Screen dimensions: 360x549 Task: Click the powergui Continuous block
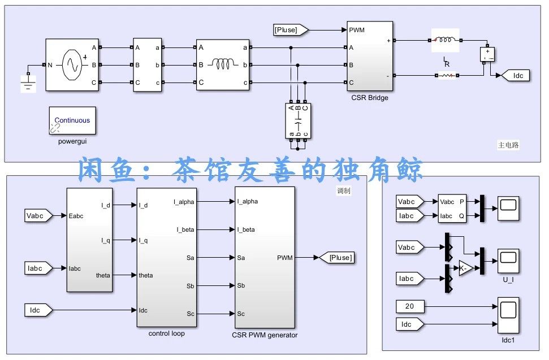pyautogui.click(x=72, y=121)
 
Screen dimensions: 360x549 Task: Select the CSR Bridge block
pyautogui.click(x=370, y=56)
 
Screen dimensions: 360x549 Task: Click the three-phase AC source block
pyautogui.click(x=72, y=64)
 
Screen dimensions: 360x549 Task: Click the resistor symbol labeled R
pyautogui.click(x=446, y=75)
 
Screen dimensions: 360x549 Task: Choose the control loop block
pyautogui.click(x=167, y=257)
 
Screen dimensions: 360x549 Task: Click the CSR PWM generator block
pyautogui.click(x=264, y=257)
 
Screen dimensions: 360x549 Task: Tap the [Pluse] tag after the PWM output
pyautogui.click(x=336, y=258)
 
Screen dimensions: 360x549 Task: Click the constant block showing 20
pyautogui.click(x=410, y=306)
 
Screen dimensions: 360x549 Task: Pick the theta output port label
pyautogui.click(x=103, y=275)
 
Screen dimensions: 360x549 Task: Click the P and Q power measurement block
pyautogui.click(x=453, y=209)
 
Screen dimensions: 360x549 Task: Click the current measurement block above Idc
pyautogui.click(x=487, y=54)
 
